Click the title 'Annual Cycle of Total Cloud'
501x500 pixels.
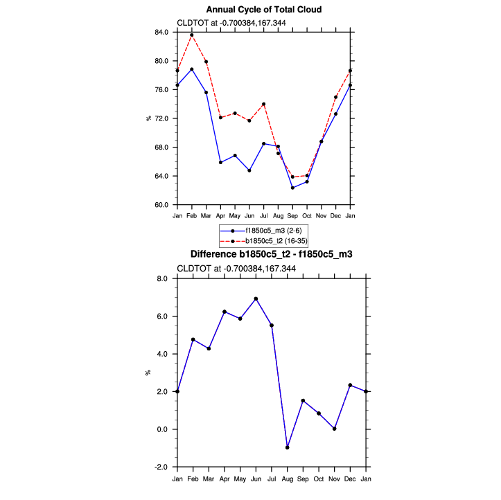(264, 10)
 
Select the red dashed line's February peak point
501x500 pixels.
(192, 35)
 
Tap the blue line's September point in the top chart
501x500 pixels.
(292, 188)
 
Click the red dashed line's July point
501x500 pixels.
(264, 104)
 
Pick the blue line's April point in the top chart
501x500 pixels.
(220, 162)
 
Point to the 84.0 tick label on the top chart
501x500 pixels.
(161, 33)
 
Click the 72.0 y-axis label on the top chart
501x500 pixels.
(161, 118)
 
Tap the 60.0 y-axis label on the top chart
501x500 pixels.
(161, 205)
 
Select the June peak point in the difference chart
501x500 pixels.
(256, 298)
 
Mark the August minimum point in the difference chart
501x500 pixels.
(287, 447)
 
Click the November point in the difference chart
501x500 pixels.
(334, 429)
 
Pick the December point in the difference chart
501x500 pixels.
(350, 385)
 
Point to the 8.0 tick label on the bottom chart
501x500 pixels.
(164, 278)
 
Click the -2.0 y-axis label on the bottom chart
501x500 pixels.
(162, 467)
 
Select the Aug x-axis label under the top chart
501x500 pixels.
(278, 215)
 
